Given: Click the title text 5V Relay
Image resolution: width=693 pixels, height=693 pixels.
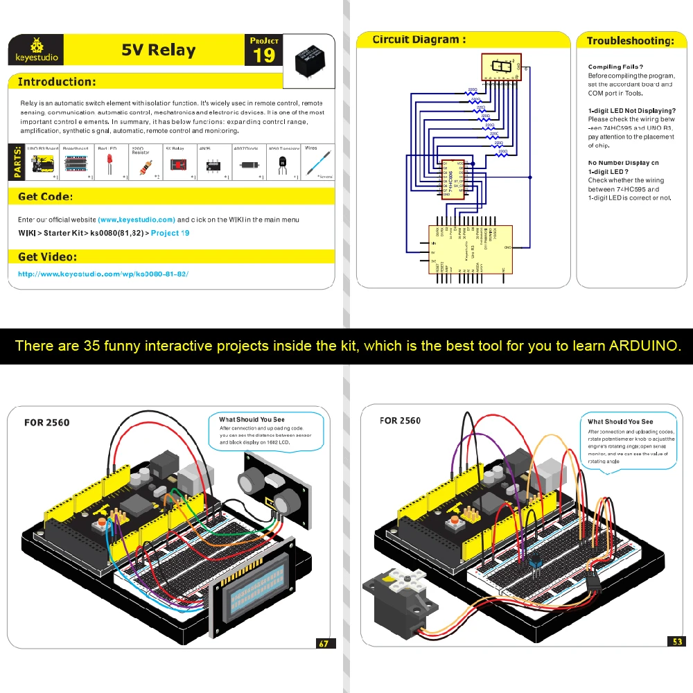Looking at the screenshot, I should click(x=159, y=50).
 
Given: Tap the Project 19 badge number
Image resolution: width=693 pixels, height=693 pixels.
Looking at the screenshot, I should click(x=264, y=56).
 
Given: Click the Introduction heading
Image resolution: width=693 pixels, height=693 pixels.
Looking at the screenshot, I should click(x=57, y=82).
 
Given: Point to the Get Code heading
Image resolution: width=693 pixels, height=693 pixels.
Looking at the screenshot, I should click(x=45, y=197).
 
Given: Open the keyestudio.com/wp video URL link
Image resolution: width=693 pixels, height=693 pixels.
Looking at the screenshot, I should click(x=103, y=274).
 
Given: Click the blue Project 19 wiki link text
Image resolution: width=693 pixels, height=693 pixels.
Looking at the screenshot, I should click(x=170, y=233).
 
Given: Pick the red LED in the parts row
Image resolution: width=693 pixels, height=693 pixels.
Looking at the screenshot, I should click(x=109, y=164).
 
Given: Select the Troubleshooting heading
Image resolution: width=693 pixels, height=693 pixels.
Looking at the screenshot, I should click(x=630, y=41).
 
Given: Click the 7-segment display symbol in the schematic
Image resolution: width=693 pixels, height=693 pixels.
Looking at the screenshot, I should click(x=501, y=68).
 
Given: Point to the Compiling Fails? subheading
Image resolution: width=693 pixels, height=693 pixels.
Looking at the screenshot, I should click(x=615, y=67).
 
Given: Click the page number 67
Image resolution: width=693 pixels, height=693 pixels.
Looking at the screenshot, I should click(x=324, y=643).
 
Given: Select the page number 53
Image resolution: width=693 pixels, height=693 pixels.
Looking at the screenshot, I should click(x=677, y=642).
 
